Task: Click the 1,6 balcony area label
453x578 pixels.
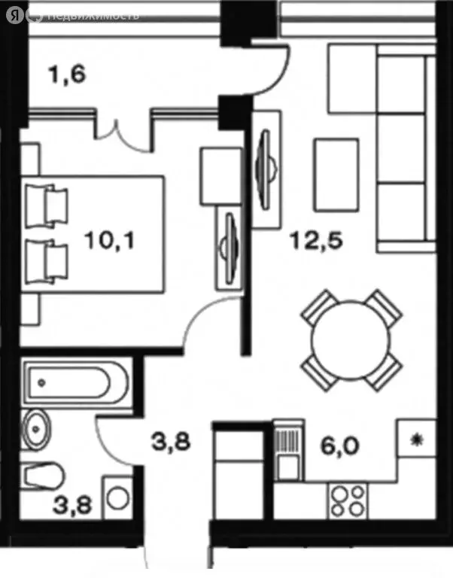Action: [67, 74]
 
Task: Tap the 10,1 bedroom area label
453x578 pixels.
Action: [109, 240]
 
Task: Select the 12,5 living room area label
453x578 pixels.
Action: [317, 240]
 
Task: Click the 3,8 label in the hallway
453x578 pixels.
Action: [171, 441]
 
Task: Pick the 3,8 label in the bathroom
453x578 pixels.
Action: [72, 505]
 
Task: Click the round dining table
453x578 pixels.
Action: [351, 340]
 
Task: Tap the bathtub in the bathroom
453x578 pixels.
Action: [74, 382]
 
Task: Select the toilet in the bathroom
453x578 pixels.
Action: [41, 476]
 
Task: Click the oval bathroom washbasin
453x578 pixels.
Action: [36, 429]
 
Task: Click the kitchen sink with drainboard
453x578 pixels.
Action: [290, 450]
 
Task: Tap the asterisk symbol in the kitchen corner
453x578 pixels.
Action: [417, 440]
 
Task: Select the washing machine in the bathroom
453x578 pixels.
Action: [118, 497]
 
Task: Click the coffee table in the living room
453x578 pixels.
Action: [336, 175]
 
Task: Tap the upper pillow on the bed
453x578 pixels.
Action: [47, 205]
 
